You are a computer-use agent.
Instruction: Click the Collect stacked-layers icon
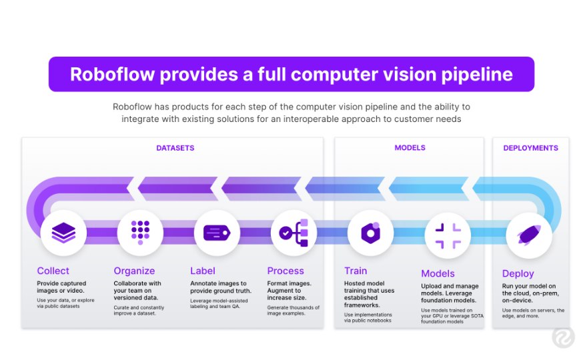[63, 233]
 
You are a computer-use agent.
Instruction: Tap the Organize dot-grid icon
[140, 233]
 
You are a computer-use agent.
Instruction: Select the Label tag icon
[217, 233]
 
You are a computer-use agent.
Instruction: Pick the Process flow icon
[294, 233]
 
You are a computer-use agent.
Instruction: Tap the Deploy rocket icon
[529, 235]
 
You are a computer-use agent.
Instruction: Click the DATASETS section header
[175, 148]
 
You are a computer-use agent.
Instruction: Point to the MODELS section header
[410, 148]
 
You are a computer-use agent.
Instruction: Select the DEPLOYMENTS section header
[531, 148]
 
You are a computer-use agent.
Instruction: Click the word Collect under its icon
[53, 271]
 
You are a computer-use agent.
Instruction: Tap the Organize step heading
[134, 271]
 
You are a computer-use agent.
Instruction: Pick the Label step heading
[203, 271]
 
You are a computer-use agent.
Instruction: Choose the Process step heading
[285, 271]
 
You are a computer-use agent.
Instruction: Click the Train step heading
[356, 271]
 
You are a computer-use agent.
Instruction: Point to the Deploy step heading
[518, 273]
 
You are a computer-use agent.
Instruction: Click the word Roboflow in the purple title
[112, 74]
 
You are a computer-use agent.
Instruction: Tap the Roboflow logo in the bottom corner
[563, 337]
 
